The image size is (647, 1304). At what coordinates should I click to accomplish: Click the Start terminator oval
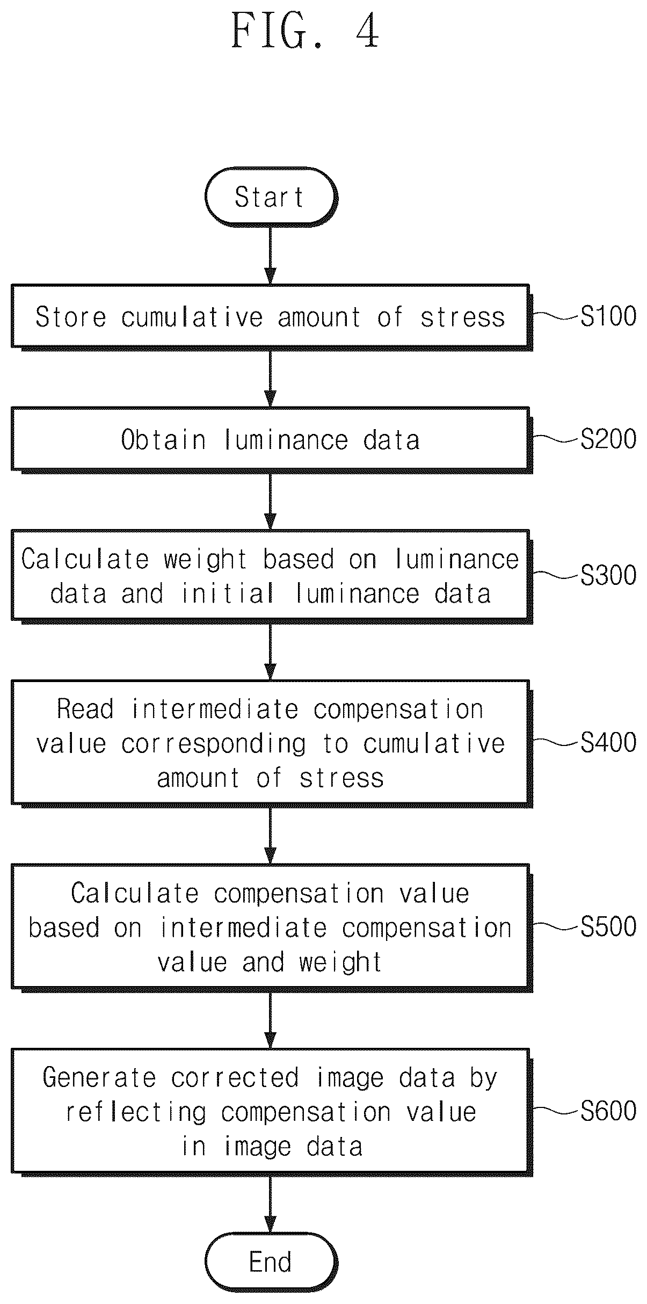point(271,197)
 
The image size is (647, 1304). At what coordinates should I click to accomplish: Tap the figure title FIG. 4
point(306,31)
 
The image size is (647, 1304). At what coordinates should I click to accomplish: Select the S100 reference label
point(608,316)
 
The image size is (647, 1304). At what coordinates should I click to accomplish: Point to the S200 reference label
point(608,439)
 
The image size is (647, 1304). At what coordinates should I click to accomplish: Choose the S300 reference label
point(608,575)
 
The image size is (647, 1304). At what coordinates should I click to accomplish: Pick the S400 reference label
point(608,742)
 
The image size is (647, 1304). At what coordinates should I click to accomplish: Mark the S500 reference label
point(608,926)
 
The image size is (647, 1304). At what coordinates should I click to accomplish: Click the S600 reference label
point(608,1110)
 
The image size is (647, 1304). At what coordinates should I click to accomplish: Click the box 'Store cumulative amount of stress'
point(271,317)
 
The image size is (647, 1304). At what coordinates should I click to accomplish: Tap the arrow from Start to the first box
point(271,255)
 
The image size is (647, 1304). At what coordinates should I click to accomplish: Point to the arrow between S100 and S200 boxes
point(271,379)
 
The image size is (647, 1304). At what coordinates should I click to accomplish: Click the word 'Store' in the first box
point(71,317)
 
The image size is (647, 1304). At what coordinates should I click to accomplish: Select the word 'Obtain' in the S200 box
point(163,440)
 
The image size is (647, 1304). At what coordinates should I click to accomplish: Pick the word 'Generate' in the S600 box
point(99,1077)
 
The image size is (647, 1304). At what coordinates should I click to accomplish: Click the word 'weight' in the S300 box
point(206,560)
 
